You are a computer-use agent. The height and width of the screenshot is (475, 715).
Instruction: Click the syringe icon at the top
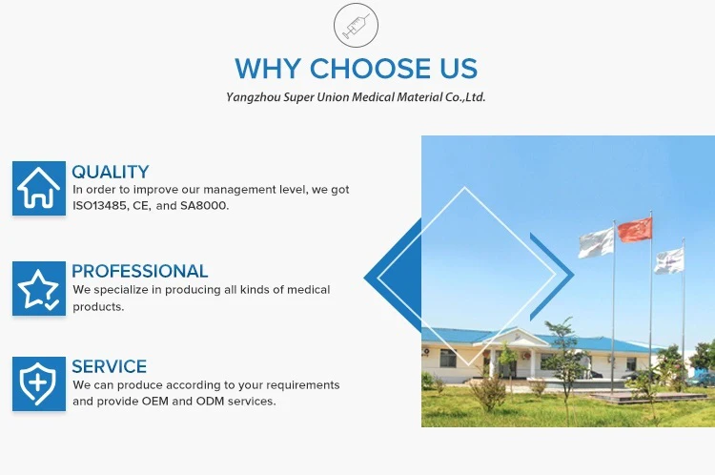coord(356,25)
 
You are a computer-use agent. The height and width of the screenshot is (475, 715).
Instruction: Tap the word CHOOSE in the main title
coord(370,69)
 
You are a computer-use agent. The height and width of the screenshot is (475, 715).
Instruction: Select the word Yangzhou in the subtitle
coord(253,97)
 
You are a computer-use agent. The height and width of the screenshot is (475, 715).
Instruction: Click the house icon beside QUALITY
coord(39,188)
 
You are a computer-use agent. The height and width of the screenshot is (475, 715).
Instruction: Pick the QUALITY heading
coord(111,172)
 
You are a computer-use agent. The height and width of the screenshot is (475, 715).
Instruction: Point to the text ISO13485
coord(99,206)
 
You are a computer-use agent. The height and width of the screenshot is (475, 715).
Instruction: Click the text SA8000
coord(204,206)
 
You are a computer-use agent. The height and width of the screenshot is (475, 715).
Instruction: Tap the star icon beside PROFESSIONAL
coord(39,288)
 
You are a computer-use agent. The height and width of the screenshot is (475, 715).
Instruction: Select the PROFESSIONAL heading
coord(139,272)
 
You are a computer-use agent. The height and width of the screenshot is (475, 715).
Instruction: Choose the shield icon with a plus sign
coord(39,383)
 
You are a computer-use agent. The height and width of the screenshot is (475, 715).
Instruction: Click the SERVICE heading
coord(110,367)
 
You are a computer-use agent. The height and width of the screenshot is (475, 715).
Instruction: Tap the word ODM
coord(211,402)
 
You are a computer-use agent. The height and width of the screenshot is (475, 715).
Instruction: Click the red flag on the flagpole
coord(635,230)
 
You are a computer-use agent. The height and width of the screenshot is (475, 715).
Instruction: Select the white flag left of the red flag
coord(596,243)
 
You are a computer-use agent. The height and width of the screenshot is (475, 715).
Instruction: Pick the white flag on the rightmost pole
coord(669,261)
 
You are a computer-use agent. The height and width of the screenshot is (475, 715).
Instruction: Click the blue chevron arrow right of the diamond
coord(553,277)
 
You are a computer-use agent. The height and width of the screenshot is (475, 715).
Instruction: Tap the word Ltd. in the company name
coord(475,97)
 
